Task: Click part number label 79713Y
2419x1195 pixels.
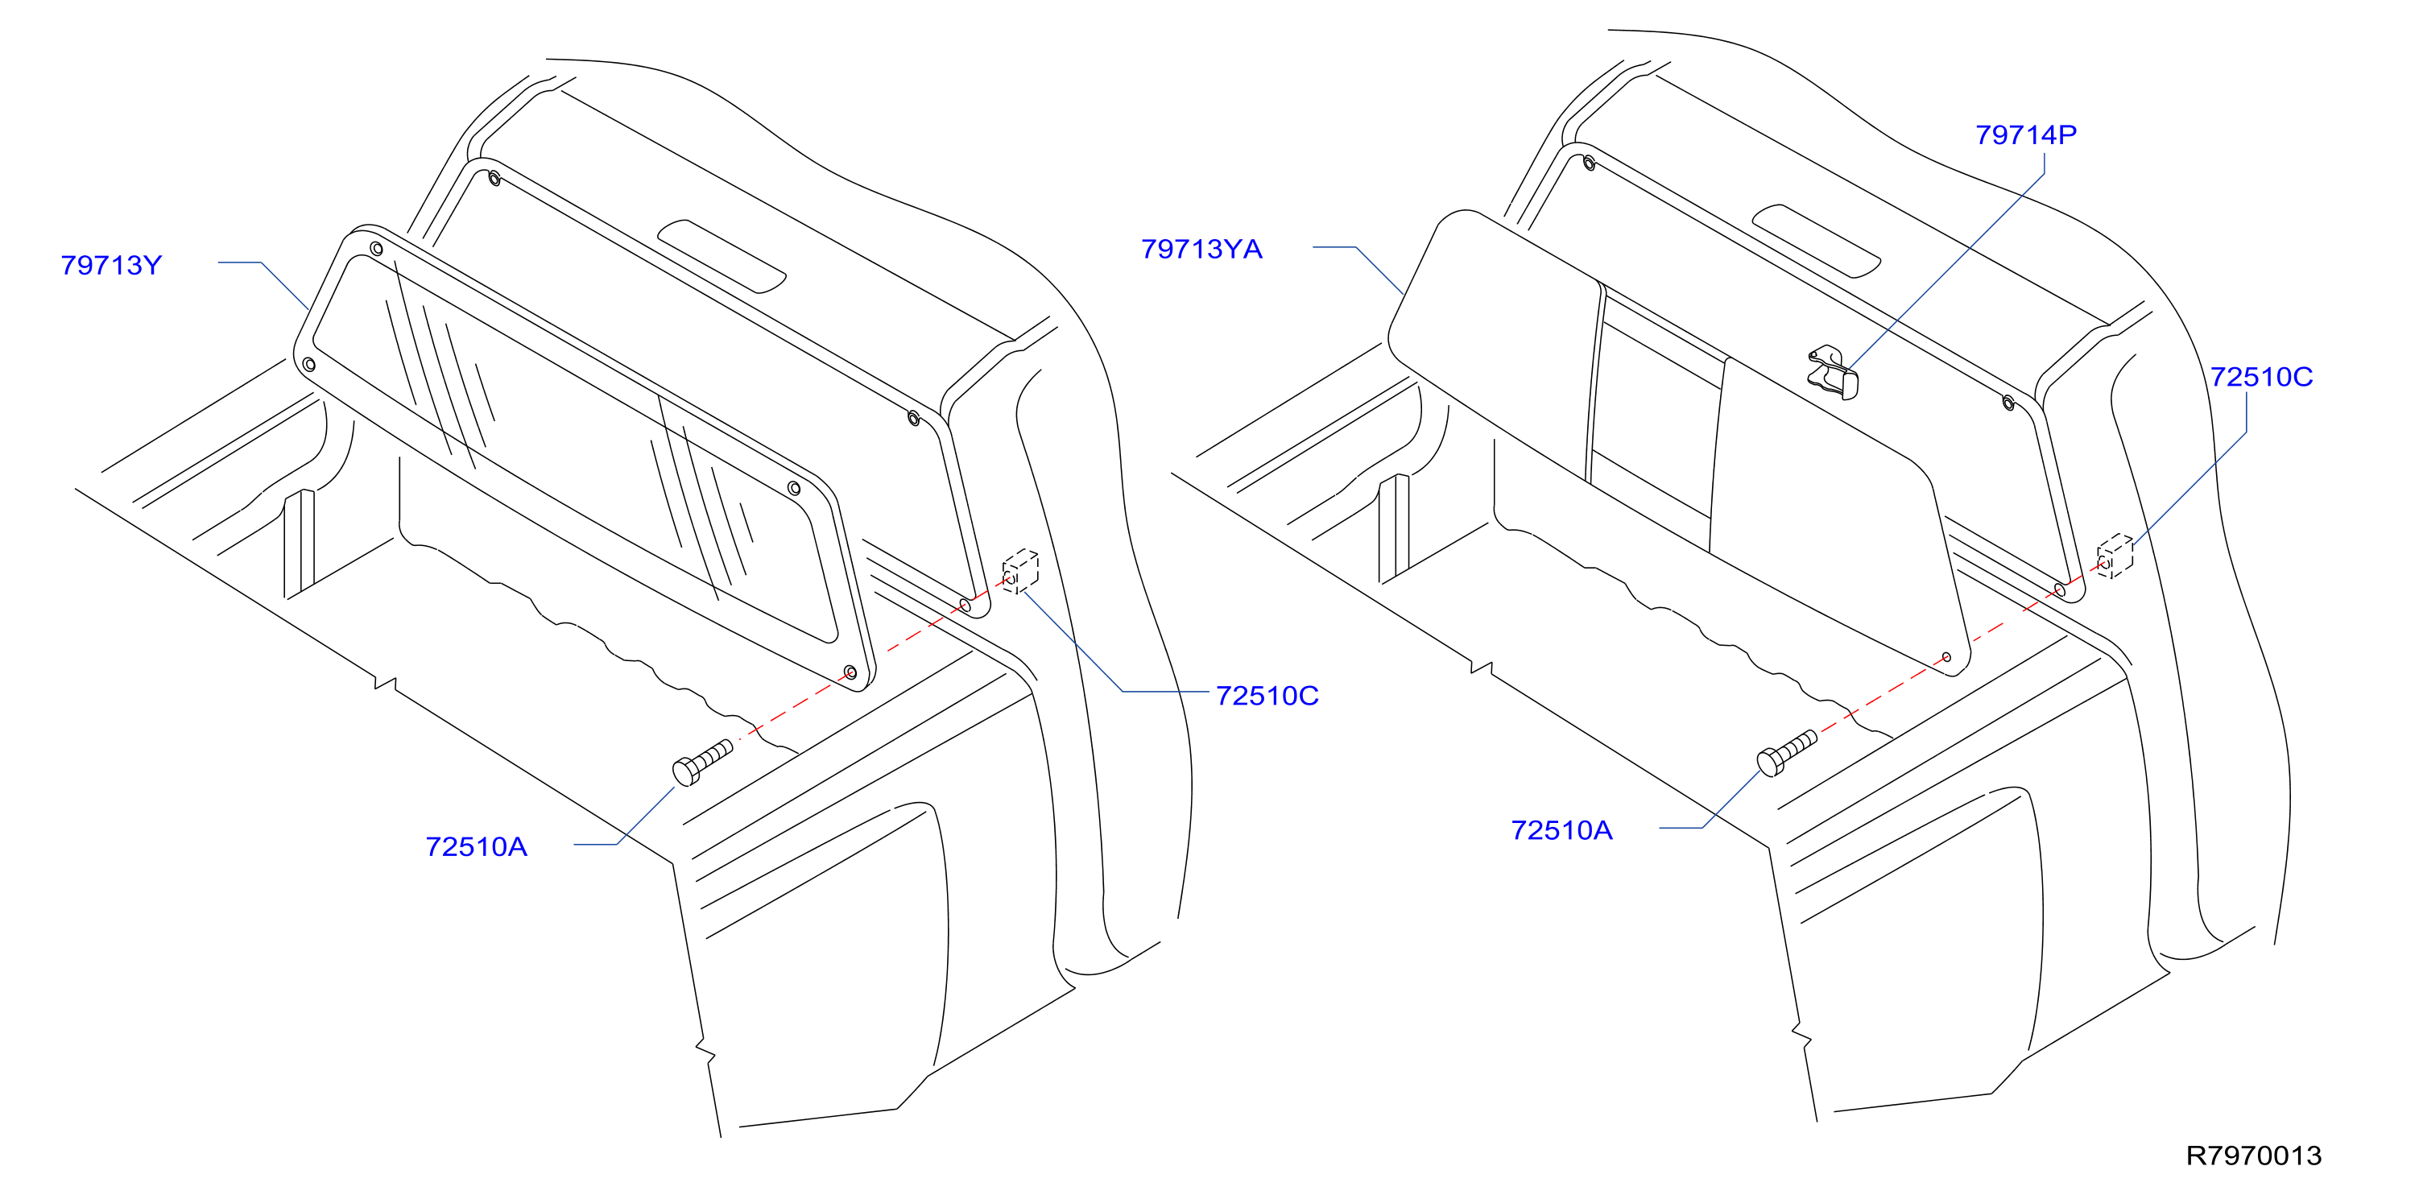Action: [111, 265]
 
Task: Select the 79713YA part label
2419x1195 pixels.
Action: [1201, 249]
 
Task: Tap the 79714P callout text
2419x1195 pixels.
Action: [2025, 135]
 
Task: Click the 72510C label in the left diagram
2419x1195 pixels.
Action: [1267, 696]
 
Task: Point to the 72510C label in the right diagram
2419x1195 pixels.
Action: [2261, 378]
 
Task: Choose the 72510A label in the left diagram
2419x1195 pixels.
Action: [476, 847]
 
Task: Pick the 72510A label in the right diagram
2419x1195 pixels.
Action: [1561, 831]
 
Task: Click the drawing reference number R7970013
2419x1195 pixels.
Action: [2254, 1156]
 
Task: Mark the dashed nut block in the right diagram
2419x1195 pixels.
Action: [2115, 556]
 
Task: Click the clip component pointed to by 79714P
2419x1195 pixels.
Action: [1833, 373]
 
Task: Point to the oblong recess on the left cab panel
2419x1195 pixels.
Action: [722, 256]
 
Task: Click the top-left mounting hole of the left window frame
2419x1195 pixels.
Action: [377, 249]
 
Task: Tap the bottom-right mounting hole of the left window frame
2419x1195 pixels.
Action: [851, 673]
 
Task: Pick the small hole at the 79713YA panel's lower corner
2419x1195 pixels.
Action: [1946, 657]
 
